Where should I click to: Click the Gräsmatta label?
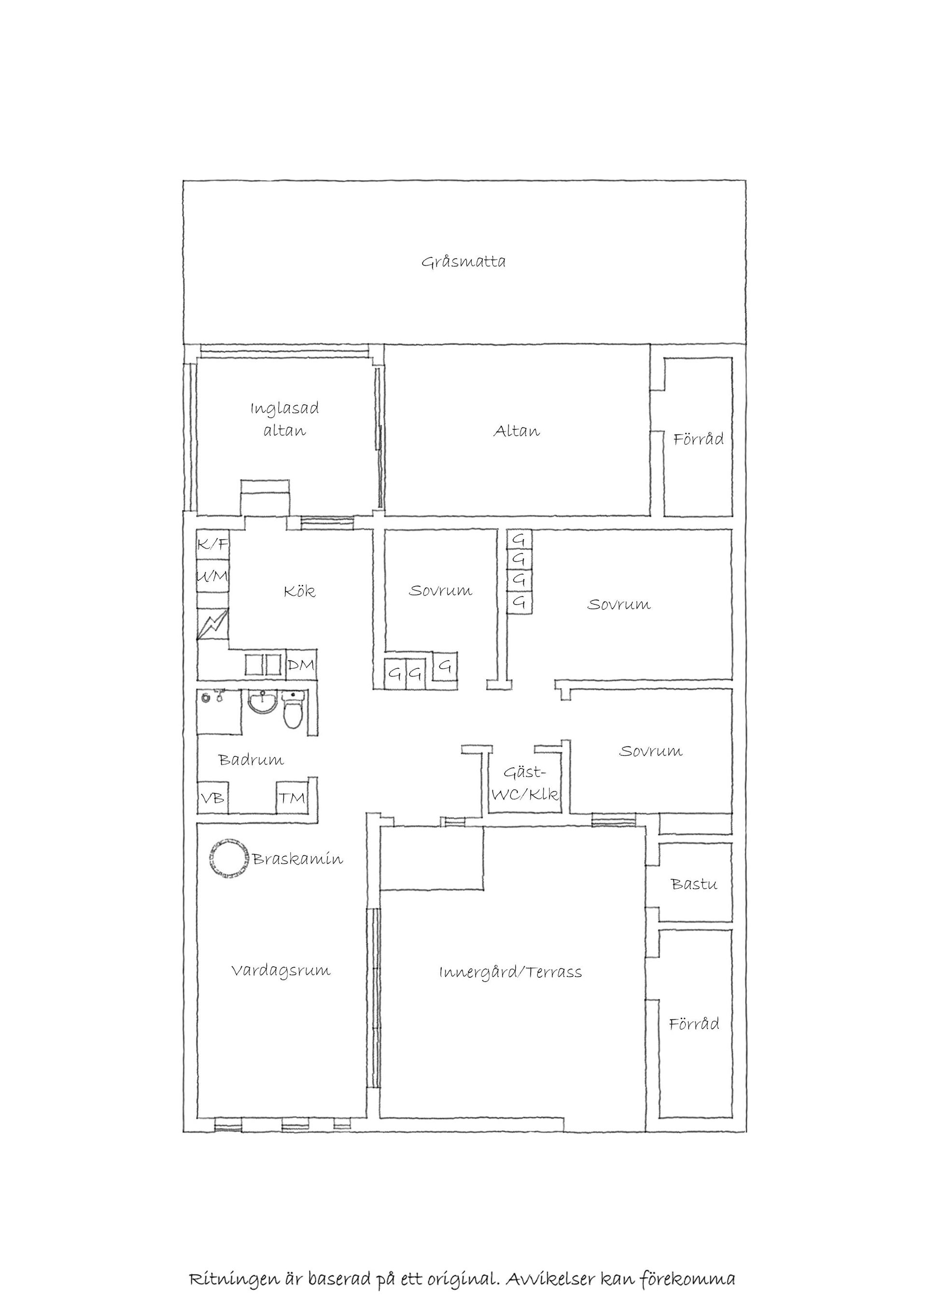[x=463, y=263]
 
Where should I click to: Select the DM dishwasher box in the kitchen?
[x=301, y=665]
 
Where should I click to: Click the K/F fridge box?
[x=213, y=544]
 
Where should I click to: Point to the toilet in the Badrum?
[x=294, y=711]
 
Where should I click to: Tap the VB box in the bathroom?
[x=212, y=798]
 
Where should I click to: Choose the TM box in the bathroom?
[x=292, y=798]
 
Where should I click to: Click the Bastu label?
[x=694, y=885]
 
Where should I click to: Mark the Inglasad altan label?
[x=285, y=419]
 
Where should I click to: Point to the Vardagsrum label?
[x=281, y=971]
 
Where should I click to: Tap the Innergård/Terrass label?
[x=511, y=972]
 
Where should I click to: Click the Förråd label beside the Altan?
[x=698, y=438]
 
